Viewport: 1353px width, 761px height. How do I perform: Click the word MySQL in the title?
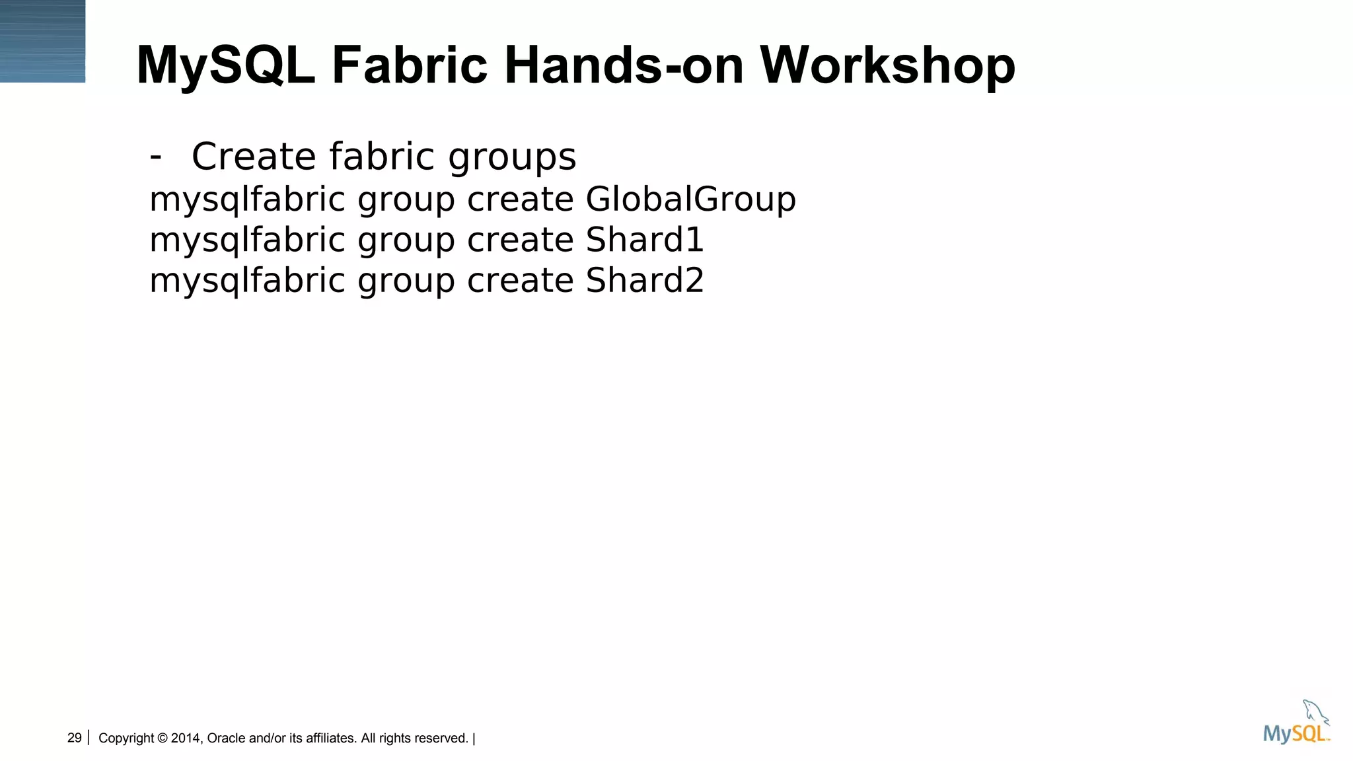pyautogui.click(x=225, y=66)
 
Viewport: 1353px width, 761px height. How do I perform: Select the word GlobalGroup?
pyautogui.click(x=690, y=199)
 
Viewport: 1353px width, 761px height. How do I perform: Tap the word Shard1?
pyautogui.click(x=645, y=240)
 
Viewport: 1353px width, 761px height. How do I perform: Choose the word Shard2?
pyautogui.click(x=645, y=281)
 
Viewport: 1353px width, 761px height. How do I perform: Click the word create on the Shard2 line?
pyautogui.click(x=520, y=281)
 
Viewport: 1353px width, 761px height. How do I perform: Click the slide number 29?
pyautogui.click(x=74, y=738)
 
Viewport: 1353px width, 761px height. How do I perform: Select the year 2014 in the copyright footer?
pyautogui.click(x=186, y=739)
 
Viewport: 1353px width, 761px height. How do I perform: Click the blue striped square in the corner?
pyautogui.click(x=42, y=41)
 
